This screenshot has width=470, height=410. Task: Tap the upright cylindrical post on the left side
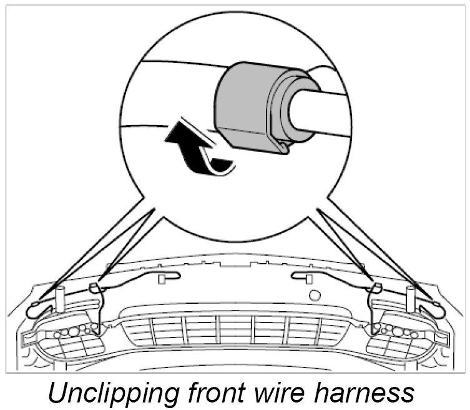point(61,298)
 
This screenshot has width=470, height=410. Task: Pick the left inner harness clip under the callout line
point(94,288)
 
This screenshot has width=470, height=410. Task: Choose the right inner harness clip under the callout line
point(377,288)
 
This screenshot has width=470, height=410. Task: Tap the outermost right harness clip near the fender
point(436,306)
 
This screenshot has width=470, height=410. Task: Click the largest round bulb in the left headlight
point(73,332)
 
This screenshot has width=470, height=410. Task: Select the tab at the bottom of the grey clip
point(286,147)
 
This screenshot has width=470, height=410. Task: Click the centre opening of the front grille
point(235,329)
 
